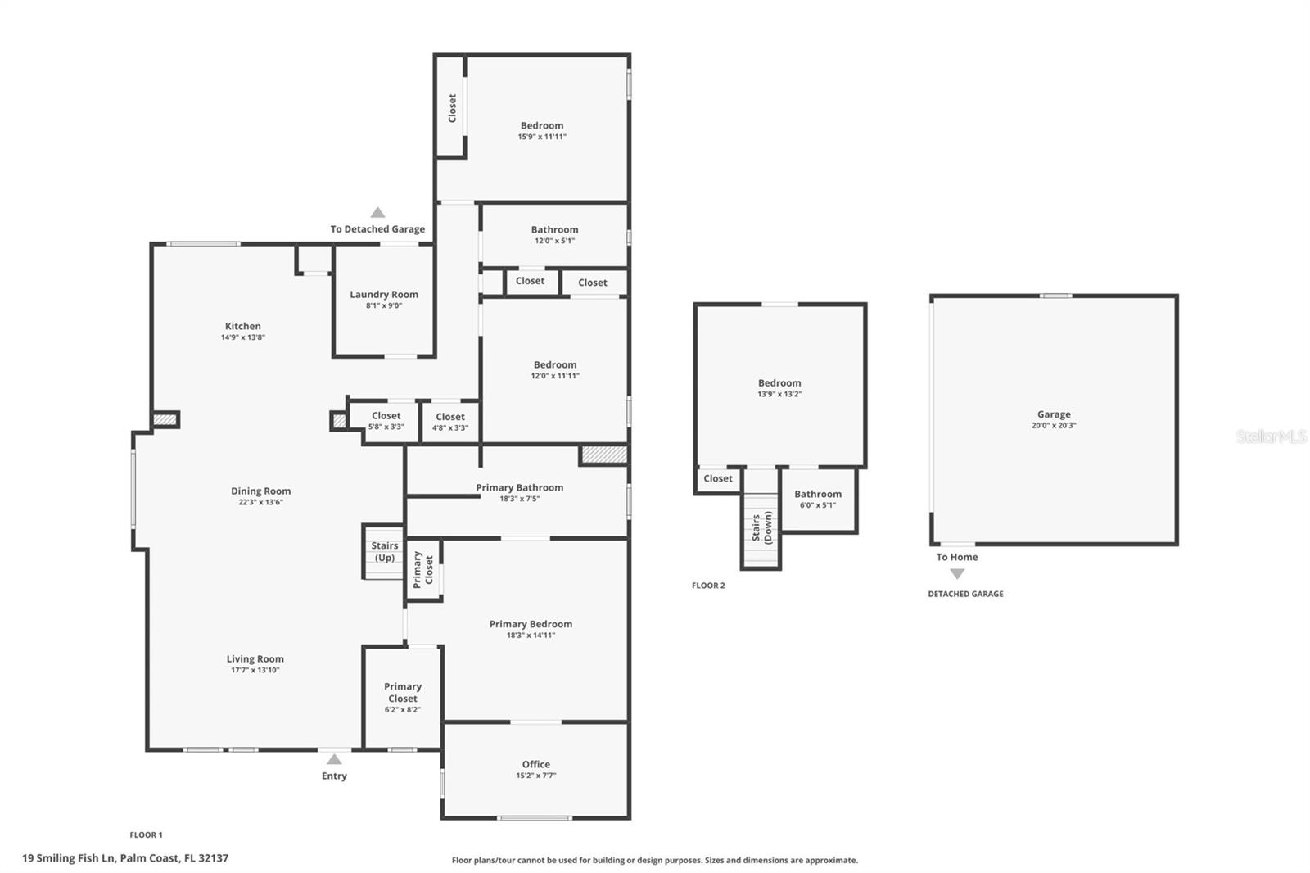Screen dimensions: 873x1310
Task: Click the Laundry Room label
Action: point(384,295)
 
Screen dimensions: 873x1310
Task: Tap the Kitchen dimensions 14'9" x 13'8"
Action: point(243,337)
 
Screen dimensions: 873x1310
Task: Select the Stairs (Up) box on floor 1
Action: point(384,551)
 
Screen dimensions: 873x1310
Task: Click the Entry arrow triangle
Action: point(334,759)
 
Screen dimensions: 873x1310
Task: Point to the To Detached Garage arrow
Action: point(377,213)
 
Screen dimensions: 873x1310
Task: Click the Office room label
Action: point(536,764)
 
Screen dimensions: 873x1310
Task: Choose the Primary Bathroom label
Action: point(519,488)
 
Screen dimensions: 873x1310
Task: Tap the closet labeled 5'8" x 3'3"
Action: point(386,421)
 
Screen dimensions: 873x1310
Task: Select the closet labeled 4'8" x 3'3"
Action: point(450,422)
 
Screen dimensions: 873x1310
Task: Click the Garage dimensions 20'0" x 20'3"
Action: point(1054,426)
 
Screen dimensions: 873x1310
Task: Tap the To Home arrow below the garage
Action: point(957,574)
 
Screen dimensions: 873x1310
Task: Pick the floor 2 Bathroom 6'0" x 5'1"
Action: point(818,499)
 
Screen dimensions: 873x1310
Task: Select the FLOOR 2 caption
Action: point(708,586)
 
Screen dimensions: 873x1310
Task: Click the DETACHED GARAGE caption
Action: point(965,594)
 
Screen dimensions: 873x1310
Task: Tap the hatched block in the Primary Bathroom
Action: point(604,455)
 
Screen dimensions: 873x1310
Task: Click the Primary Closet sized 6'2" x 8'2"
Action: point(403,698)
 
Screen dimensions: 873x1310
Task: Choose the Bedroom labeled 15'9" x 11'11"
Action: point(542,131)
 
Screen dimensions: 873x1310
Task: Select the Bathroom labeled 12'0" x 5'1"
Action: point(554,235)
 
